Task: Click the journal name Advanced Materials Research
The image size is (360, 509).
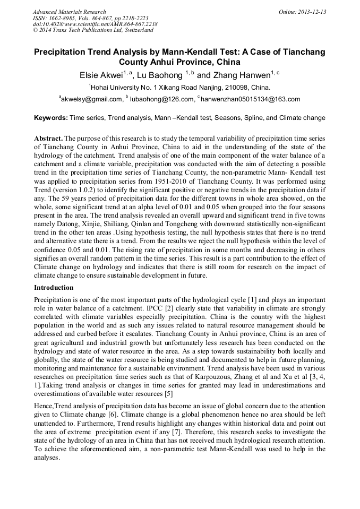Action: (69, 12)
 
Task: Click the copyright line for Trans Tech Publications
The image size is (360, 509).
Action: (93, 30)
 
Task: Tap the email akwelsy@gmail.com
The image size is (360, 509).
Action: (92, 99)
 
